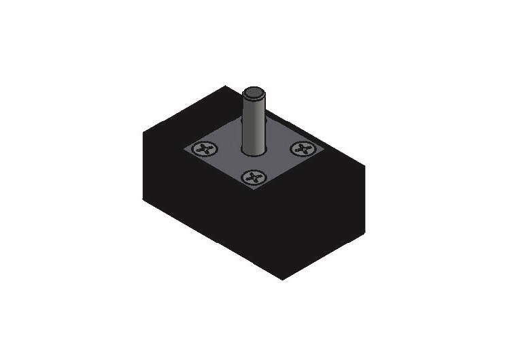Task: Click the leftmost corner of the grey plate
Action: [x=182, y=148]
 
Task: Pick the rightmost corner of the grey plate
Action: [x=326, y=148]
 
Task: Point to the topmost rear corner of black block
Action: [x=225, y=86]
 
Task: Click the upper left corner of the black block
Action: [x=143, y=132]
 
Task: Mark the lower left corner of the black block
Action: [x=143, y=199]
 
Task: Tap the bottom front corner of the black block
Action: [x=282, y=279]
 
